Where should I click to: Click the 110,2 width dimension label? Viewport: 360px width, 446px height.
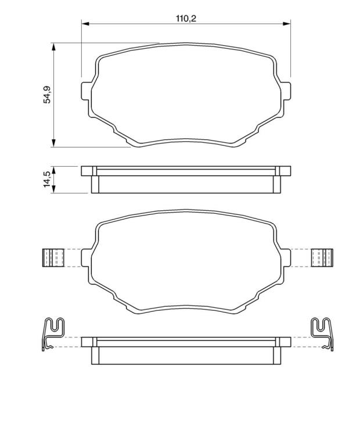[x=186, y=19]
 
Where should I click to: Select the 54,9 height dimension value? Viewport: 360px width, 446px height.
[x=47, y=95]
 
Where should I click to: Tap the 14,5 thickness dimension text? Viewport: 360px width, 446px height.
[x=47, y=179]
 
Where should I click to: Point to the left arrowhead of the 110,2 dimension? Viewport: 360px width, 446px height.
[x=85, y=24]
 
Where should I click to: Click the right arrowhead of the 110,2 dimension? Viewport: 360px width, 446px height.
[x=286, y=24]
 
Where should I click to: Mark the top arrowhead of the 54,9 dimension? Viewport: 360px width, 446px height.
[x=53, y=47]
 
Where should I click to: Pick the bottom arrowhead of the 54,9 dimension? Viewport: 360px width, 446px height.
[x=53, y=143]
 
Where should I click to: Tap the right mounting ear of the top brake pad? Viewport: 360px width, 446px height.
[x=286, y=91]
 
